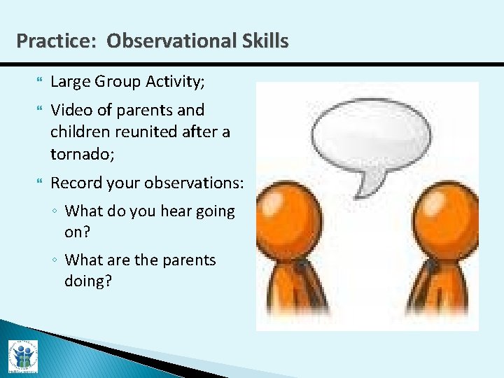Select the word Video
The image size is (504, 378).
pyautogui.click(x=69, y=110)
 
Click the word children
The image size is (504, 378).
pyautogui.click(x=78, y=132)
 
